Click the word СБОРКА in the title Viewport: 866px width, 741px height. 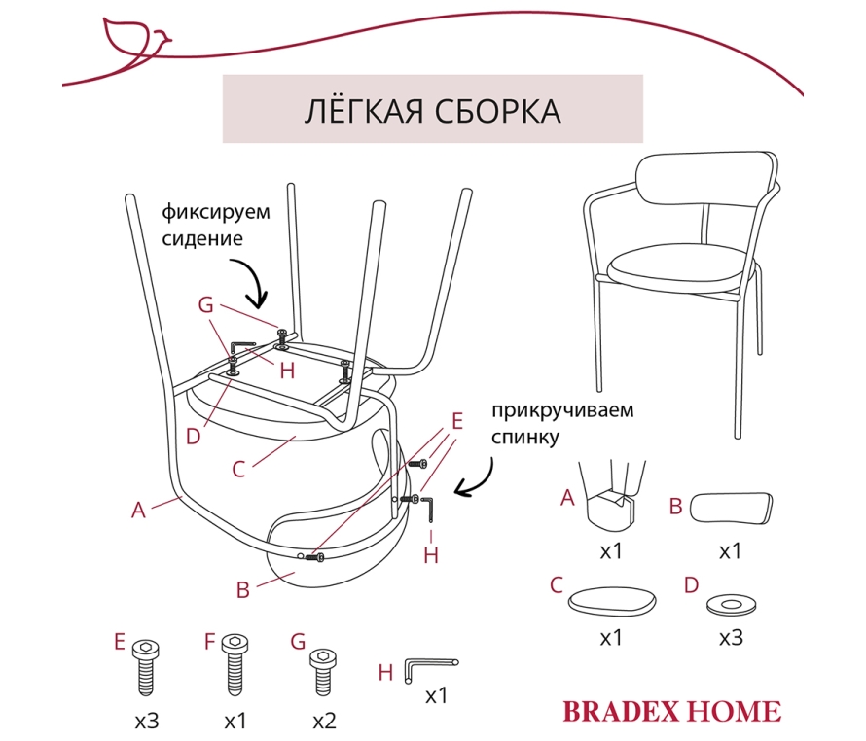pyautogui.click(x=497, y=111)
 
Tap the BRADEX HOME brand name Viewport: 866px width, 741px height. pyautogui.click(x=672, y=711)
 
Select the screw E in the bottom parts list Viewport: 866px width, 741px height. pyautogui.click(x=146, y=667)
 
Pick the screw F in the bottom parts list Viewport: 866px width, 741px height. pyautogui.click(x=235, y=665)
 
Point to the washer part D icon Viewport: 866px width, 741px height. pyautogui.click(x=732, y=605)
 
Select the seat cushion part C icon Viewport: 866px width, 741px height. pyautogui.click(x=612, y=601)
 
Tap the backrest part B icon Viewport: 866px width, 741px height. pyautogui.click(x=731, y=508)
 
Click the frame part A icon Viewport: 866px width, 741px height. pyautogui.click(x=612, y=494)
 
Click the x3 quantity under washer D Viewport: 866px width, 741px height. pyautogui.click(x=731, y=638)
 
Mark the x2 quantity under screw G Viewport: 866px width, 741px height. pyautogui.click(x=324, y=722)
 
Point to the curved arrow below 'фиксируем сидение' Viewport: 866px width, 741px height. pyautogui.click(x=253, y=282)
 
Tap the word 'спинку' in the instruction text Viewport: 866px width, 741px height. pyautogui.click(x=525, y=438)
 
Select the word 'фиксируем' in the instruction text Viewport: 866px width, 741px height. pyautogui.click(x=216, y=212)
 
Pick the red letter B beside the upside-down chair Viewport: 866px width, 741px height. pyautogui.click(x=243, y=590)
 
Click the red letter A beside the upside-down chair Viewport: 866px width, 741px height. pyautogui.click(x=138, y=511)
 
